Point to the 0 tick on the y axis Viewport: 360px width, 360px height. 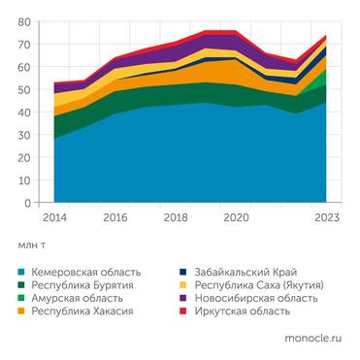(28, 204)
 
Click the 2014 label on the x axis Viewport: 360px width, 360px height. (53, 218)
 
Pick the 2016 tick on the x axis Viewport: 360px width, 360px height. (115, 218)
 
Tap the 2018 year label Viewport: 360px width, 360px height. (176, 218)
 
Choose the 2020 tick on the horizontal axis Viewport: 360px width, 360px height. (237, 218)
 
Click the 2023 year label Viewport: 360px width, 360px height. (328, 218)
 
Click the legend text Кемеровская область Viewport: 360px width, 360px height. (85, 272)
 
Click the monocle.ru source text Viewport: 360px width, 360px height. (312, 340)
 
